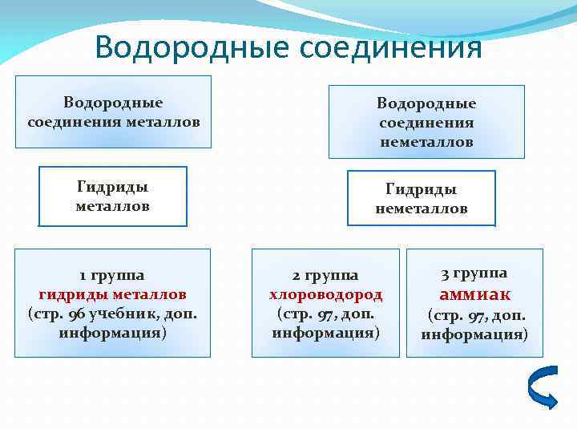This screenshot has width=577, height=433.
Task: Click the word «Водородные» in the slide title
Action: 192,47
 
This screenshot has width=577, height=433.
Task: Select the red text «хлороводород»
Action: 325,294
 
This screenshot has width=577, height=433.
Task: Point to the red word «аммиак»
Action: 475,293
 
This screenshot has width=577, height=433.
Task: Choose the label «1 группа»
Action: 112,275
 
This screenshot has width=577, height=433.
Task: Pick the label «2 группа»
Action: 325,276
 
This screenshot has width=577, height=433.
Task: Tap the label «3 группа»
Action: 474,273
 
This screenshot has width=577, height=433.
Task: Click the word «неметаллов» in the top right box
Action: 426,142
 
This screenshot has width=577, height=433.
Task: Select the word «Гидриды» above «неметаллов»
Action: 422,189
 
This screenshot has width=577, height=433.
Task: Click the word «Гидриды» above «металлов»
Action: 113,187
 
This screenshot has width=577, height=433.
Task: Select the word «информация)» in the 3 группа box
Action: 474,334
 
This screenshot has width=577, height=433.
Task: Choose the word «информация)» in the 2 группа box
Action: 325,332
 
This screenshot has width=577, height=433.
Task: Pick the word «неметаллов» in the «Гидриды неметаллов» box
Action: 422,208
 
